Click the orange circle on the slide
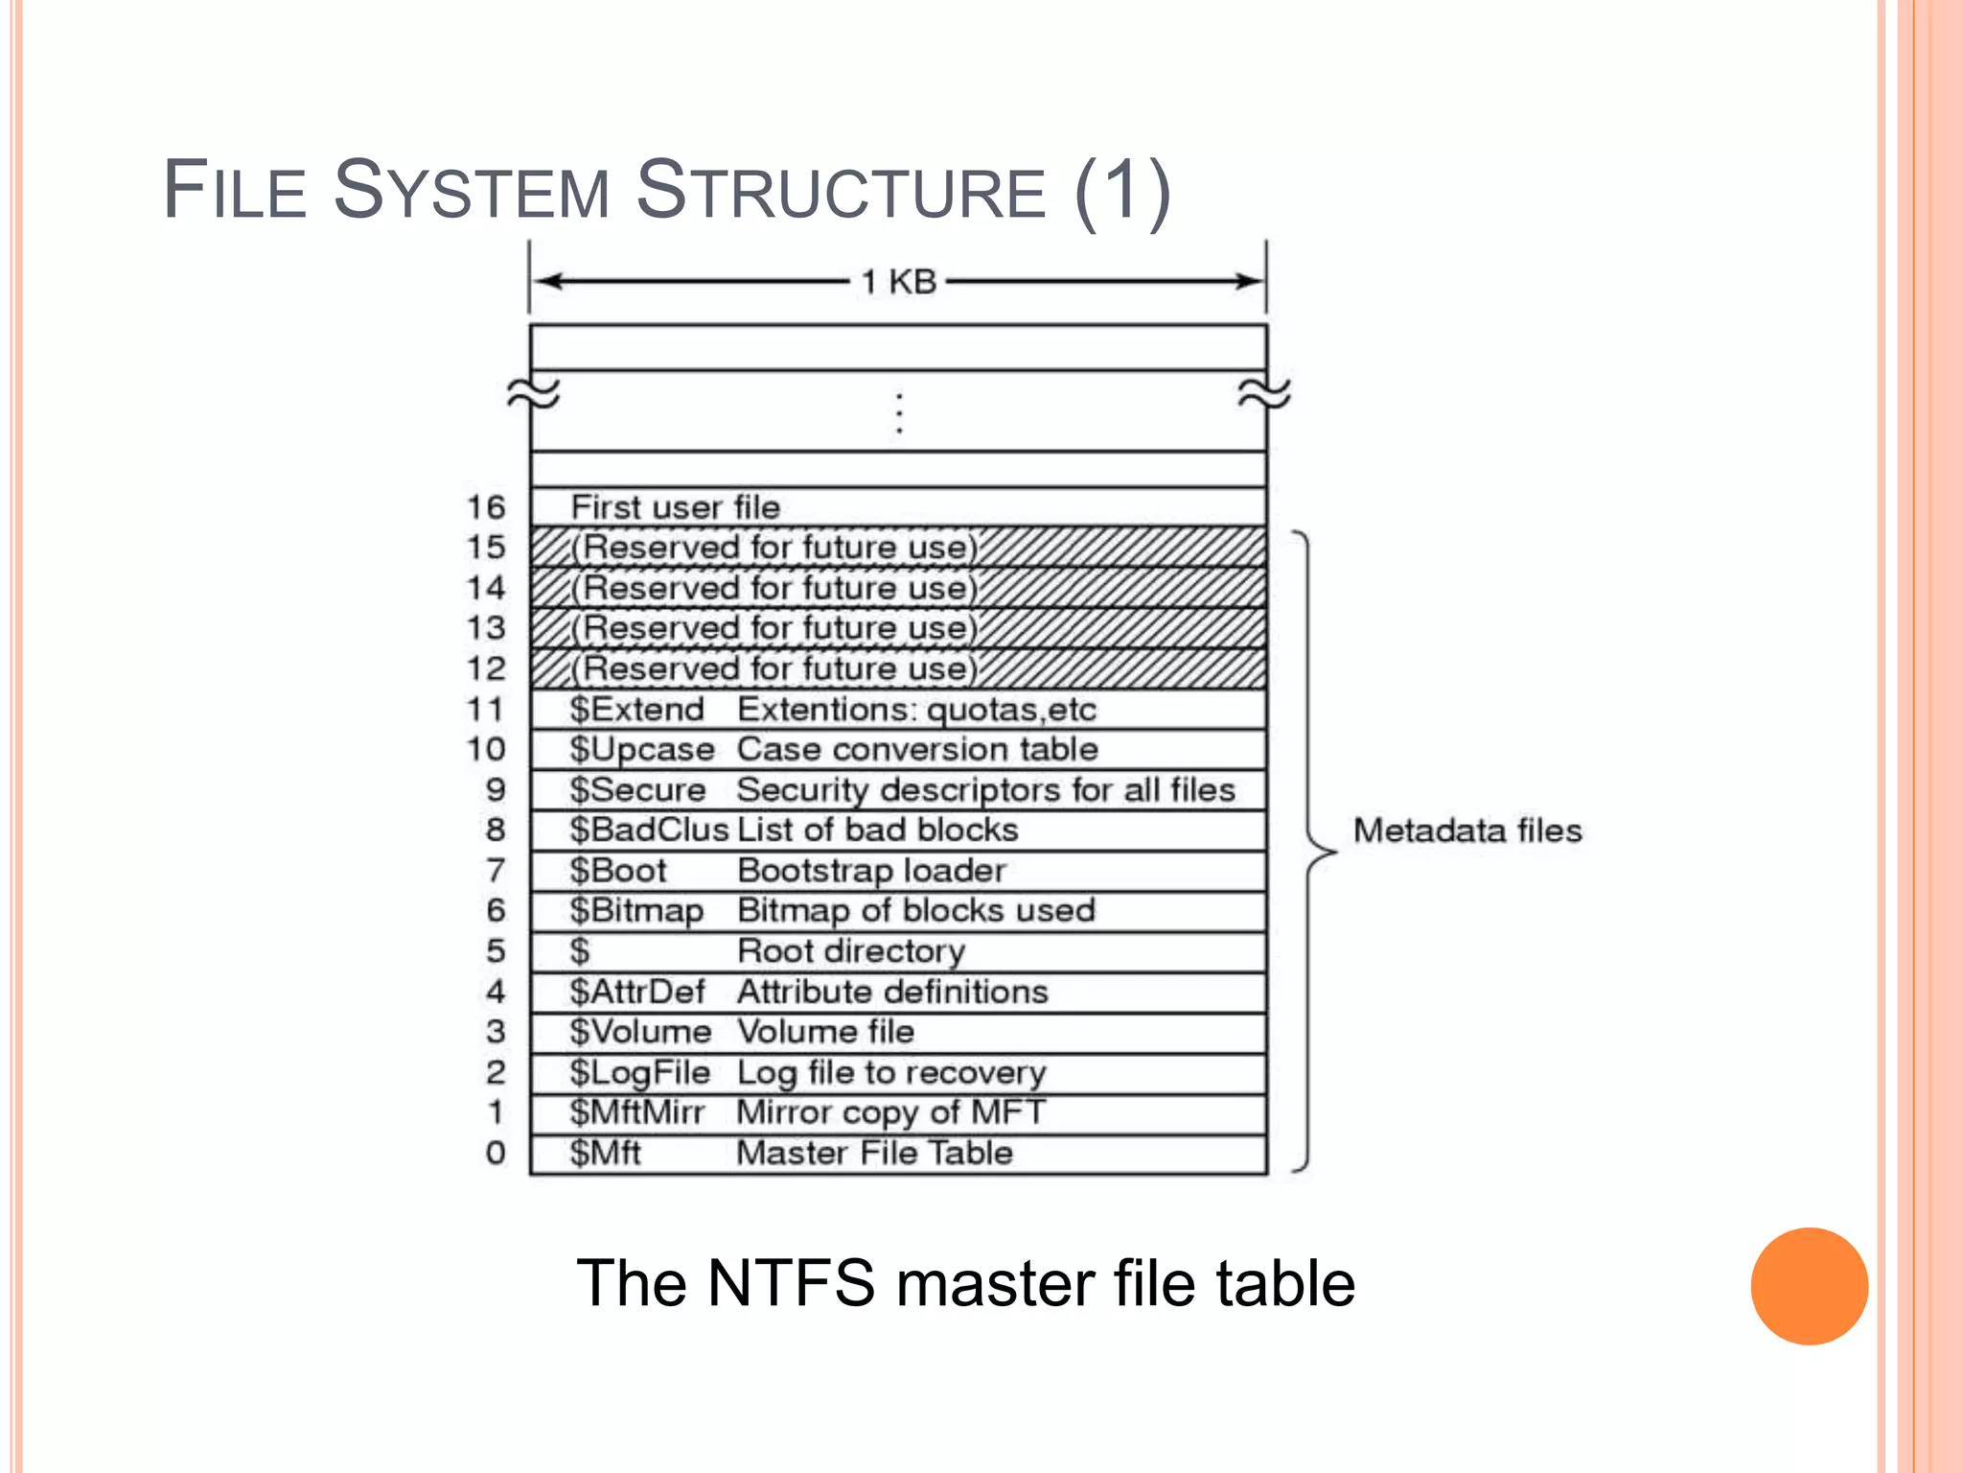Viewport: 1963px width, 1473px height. (1809, 1286)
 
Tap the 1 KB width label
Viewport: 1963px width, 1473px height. (898, 282)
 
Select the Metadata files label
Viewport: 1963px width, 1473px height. (1466, 830)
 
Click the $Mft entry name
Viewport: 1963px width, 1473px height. (605, 1153)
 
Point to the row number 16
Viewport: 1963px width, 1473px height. (486, 507)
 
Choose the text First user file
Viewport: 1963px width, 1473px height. (676, 507)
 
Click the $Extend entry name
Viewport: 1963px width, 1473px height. (636, 710)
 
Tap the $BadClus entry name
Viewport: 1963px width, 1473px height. (649, 830)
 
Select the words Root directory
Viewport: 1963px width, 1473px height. (851, 951)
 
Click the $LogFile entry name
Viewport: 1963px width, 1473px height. (639, 1072)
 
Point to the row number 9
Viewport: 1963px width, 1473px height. (496, 789)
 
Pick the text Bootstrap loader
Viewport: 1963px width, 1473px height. (871, 871)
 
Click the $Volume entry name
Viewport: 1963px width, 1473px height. (640, 1032)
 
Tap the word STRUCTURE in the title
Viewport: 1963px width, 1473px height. (841, 191)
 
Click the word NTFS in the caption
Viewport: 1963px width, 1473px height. (791, 1283)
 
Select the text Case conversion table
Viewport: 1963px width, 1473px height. (917, 750)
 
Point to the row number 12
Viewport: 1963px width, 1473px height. (486, 668)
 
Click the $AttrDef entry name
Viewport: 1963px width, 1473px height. (636, 992)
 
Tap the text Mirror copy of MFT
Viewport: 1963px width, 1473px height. (890, 1112)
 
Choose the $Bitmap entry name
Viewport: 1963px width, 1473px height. (636, 911)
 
